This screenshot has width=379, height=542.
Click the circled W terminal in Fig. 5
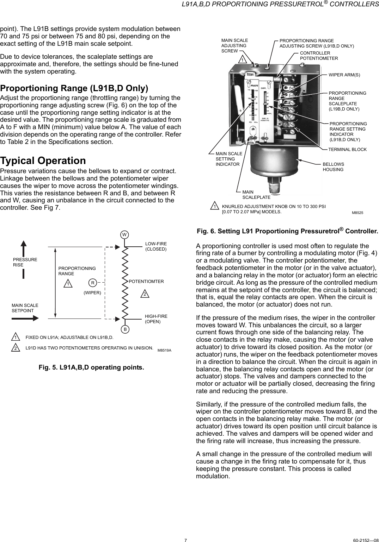coord(124,234)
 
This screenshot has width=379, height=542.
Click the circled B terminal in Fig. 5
coord(125,329)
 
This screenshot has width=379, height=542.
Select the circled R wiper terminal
coord(92,283)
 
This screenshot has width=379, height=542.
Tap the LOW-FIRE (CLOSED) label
coord(156,246)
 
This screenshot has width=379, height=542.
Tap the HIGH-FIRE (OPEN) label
coord(156,319)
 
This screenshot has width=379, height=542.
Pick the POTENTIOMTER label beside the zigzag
coord(146,282)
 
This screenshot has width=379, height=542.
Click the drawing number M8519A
coord(164,350)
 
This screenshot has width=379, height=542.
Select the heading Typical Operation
coord(43,160)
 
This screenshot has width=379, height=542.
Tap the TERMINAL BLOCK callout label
coord(347,150)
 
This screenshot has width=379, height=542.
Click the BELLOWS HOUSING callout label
coord(333,167)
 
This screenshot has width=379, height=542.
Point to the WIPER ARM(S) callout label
coord(344,75)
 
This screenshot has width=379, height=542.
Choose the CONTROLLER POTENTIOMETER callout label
coord(318,56)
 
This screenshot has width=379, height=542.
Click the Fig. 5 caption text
coord(91,367)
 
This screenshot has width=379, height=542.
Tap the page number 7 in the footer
coord(185,539)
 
